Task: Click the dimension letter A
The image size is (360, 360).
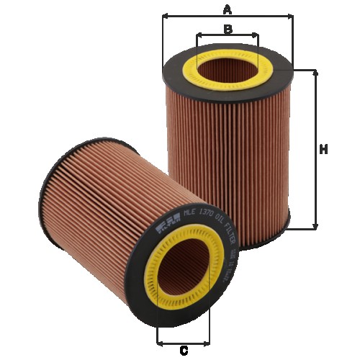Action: coord(228,9)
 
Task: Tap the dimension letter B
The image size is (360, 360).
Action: coord(228,30)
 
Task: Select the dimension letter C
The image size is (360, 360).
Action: coord(184,351)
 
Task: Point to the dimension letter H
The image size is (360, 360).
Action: coord(324,150)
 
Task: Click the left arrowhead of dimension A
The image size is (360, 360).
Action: coord(165,15)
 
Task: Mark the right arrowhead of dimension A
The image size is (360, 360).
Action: coord(292,15)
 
